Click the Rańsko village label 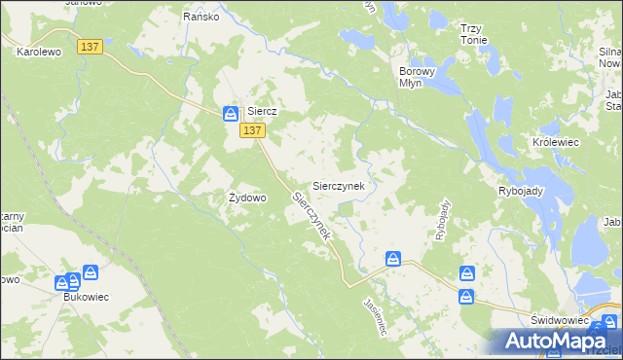tap(202, 17)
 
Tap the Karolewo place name tap(39, 53)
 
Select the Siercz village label tap(263, 112)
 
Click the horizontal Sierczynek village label tap(338, 185)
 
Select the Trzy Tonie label tap(473, 34)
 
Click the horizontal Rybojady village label tap(520, 191)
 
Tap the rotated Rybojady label tap(443, 220)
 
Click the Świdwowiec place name tap(560, 320)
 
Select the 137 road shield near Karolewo tap(92, 46)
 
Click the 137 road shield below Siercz tap(251, 130)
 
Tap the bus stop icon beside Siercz tap(231, 114)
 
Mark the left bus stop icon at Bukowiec tap(63, 282)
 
